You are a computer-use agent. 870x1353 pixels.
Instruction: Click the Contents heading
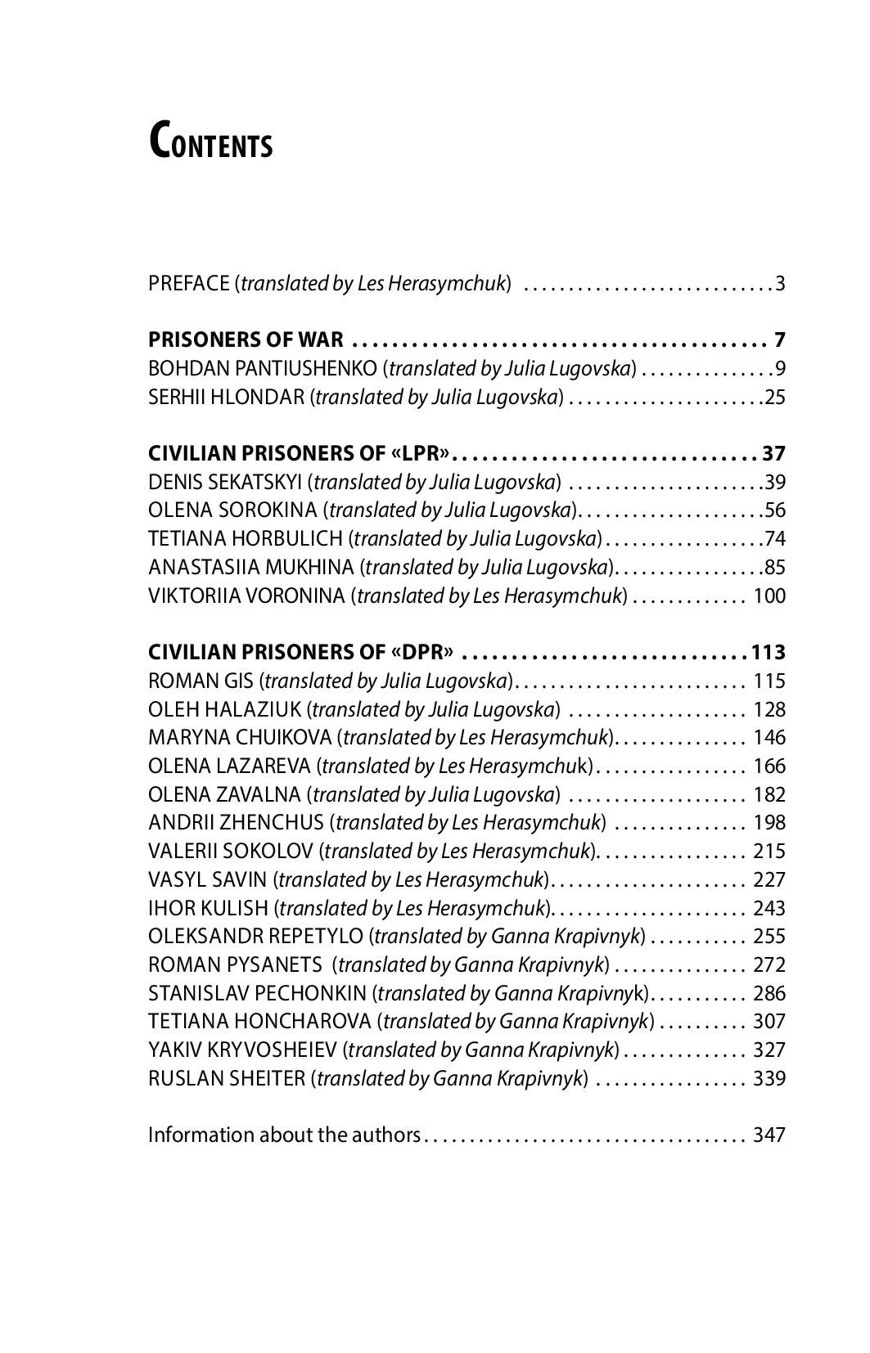(210, 141)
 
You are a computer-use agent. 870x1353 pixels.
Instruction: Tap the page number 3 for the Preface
(780, 285)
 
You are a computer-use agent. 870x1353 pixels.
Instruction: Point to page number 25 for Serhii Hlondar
(774, 398)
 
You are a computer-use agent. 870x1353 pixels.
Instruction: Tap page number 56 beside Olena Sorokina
(774, 510)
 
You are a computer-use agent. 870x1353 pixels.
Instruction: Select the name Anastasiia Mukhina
(251, 567)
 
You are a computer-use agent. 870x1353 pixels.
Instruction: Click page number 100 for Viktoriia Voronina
(769, 596)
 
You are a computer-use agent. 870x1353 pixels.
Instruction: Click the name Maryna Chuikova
(239, 738)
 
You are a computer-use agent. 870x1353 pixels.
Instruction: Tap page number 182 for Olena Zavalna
(769, 794)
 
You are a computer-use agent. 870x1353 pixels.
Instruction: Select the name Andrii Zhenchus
(237, 823)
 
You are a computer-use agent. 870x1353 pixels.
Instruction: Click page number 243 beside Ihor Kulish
(769, 908)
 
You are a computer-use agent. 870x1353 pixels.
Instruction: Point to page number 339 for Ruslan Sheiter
(769, 1078)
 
